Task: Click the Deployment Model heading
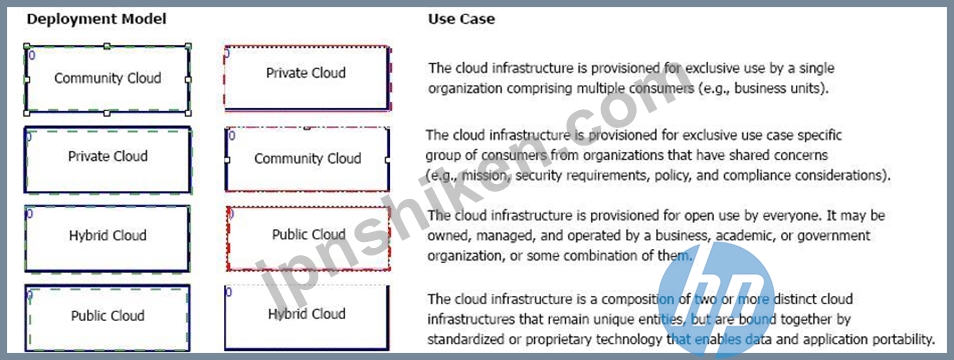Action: (96, 19)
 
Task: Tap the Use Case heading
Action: (461, 19)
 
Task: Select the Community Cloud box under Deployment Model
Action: (107, 78)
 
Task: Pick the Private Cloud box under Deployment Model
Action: (107, 159)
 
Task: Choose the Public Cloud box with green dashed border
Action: (107, 318)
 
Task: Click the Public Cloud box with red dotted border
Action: (308, 238)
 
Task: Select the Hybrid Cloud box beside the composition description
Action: (307, 317)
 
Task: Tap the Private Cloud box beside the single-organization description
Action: (307, 78)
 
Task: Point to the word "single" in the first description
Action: (818, 68)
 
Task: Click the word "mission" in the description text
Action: (470, 176)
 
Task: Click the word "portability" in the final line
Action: (907, 339)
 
